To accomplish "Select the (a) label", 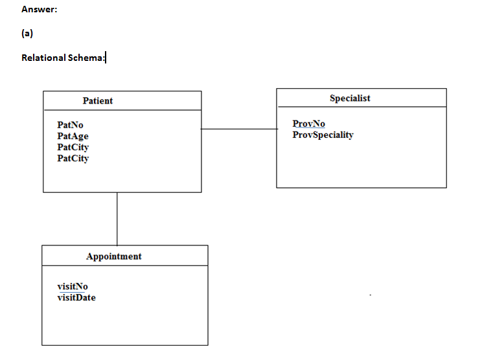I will click(27, 34).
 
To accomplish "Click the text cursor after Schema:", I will click(106, 58).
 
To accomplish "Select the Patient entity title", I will click(98, 100).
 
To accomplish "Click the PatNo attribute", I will click(70, 124).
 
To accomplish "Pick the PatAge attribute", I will click(73, 136).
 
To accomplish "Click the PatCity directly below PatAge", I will click(73, 147).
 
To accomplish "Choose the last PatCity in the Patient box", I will click(73, 158).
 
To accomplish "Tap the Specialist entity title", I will click(350, 98).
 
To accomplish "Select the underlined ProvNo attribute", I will click(309, 124).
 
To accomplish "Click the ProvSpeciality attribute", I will click(323, 135).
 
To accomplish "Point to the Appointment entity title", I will click(114, 256).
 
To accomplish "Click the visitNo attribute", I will click(73, 286).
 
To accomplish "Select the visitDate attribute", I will click(76, 297).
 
